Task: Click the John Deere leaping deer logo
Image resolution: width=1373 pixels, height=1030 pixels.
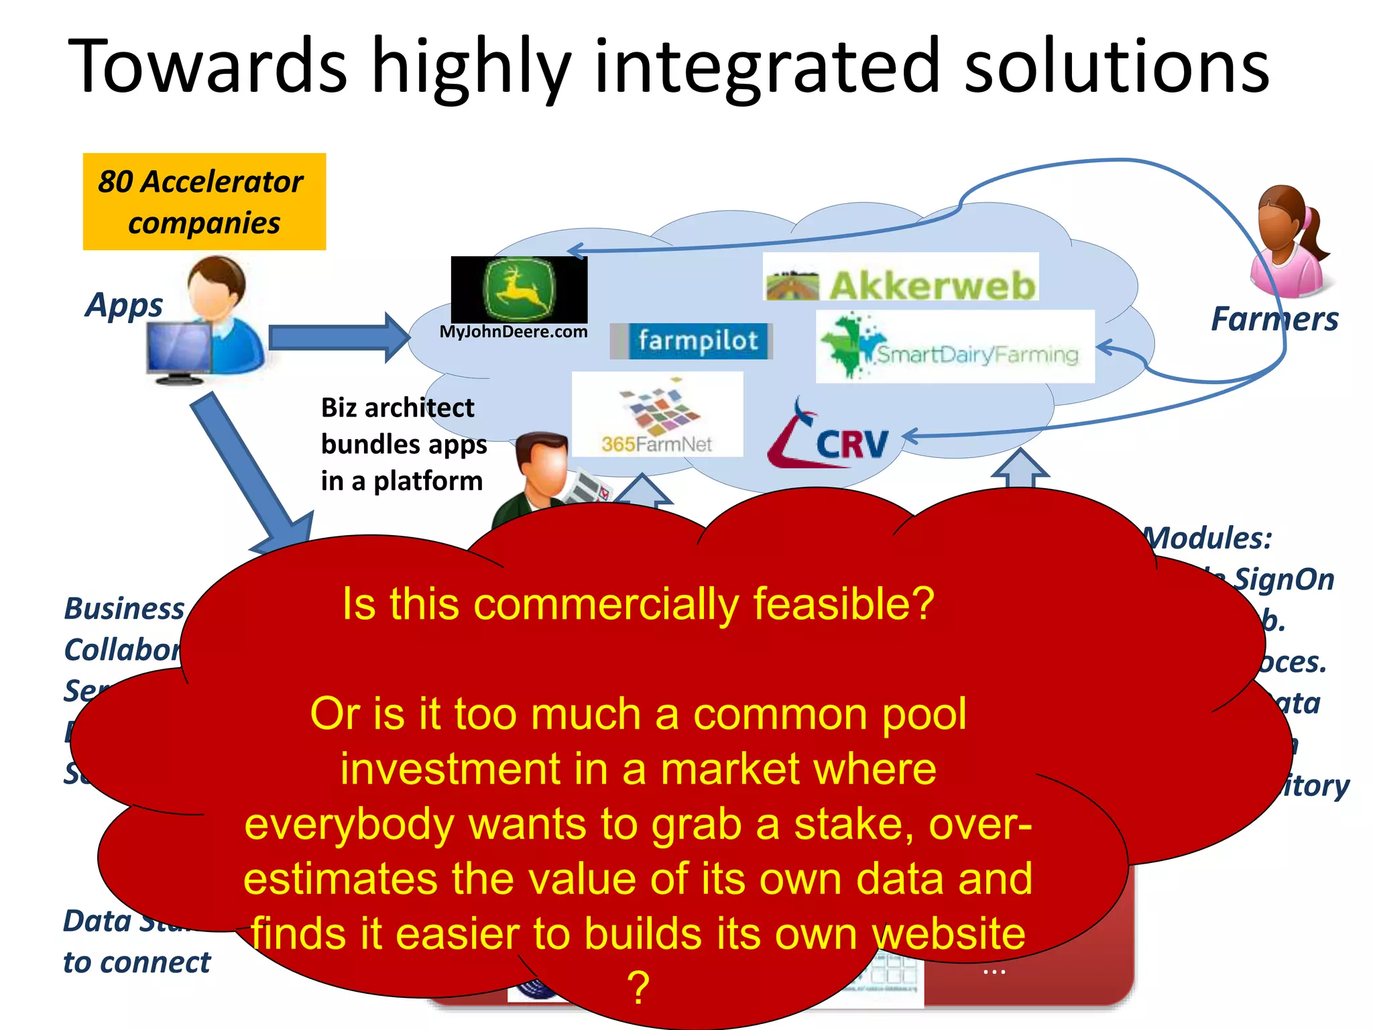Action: [x=519, y=290]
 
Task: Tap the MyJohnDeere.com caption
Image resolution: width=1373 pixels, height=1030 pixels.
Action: [x=514, y=332]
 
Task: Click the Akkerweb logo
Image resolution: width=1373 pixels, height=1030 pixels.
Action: [x=901, y=278]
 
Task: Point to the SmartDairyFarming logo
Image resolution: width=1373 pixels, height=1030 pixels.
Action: [x=954, y=347]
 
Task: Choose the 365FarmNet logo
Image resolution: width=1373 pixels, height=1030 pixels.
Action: [x=657, y=415]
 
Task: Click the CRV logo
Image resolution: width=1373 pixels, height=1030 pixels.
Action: [x=829, y=437]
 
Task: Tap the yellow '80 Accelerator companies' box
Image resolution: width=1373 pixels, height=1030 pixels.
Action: [x=204, y=201]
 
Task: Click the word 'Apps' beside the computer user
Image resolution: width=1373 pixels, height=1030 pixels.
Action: [x=124, y=306]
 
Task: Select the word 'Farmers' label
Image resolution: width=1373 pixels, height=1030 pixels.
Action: [x=1274, y=319]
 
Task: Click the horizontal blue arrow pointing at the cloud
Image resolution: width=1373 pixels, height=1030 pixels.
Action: [x=339, y=337]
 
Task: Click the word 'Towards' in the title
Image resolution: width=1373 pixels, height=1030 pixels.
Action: [x=208, y=67]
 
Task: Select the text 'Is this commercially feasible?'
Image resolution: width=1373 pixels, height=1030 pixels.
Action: [x=638, y=604]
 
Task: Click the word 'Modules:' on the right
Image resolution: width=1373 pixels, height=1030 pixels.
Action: [x=1207, y=538]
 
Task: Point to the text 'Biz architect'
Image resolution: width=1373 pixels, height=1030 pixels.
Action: [x=398, y=408]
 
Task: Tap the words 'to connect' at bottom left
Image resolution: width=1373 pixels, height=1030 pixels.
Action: [x=137, y=962]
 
